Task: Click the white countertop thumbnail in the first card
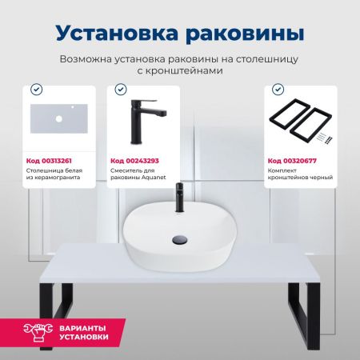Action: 60,120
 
